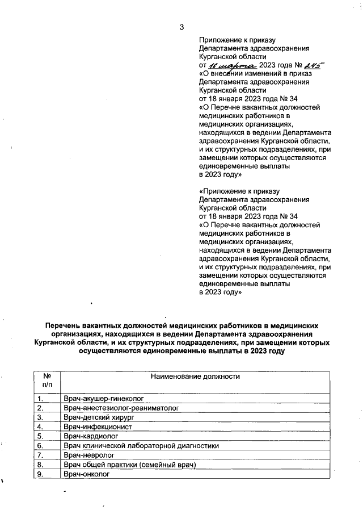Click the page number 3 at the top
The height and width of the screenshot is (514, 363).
click(x=181, y=27)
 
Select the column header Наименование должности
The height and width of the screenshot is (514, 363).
click(x=195, y=377)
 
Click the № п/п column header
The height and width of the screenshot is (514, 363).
click(x=45, y=381)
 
